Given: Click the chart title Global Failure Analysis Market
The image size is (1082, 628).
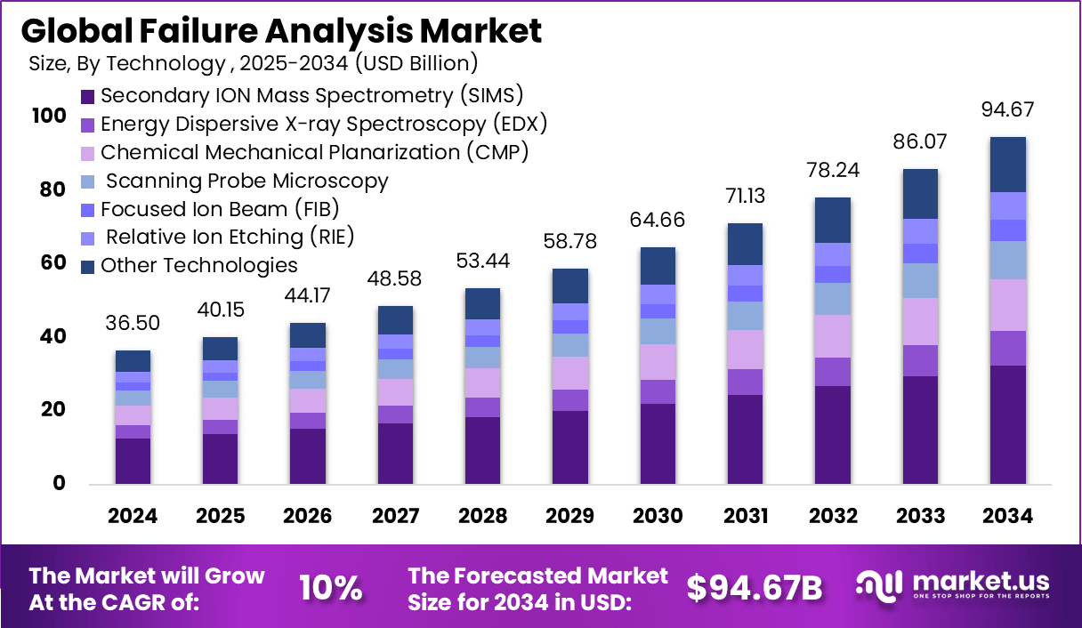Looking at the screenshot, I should [x=281, y=31].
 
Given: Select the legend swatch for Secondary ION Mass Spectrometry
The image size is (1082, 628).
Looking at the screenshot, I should [x=87, y=96].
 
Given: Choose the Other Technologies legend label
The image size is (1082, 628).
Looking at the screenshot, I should [x=198, y=265].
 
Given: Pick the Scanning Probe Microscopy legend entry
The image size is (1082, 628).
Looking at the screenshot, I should [x=246, y=181].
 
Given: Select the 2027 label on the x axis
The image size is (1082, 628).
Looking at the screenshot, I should [x=395, y=517].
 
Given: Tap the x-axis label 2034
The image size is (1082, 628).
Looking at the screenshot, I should [x=1007, y=517].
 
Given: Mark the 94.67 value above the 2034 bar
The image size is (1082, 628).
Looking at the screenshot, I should [x=1007, y=110].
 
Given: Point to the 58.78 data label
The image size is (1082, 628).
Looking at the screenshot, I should [x=569, y=242].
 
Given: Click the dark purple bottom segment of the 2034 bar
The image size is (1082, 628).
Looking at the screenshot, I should [x=1007, y=424].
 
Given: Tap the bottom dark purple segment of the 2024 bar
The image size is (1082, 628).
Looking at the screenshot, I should [x=133, y=461].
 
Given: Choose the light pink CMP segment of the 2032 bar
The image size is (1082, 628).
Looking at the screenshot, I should [x=832, y=335].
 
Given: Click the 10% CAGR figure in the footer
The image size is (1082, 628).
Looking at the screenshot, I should [x=330, y=588].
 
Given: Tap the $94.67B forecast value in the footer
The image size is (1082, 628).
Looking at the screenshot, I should [x=755, y=587].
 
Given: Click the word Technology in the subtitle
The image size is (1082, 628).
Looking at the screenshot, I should [x=178, y=63].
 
